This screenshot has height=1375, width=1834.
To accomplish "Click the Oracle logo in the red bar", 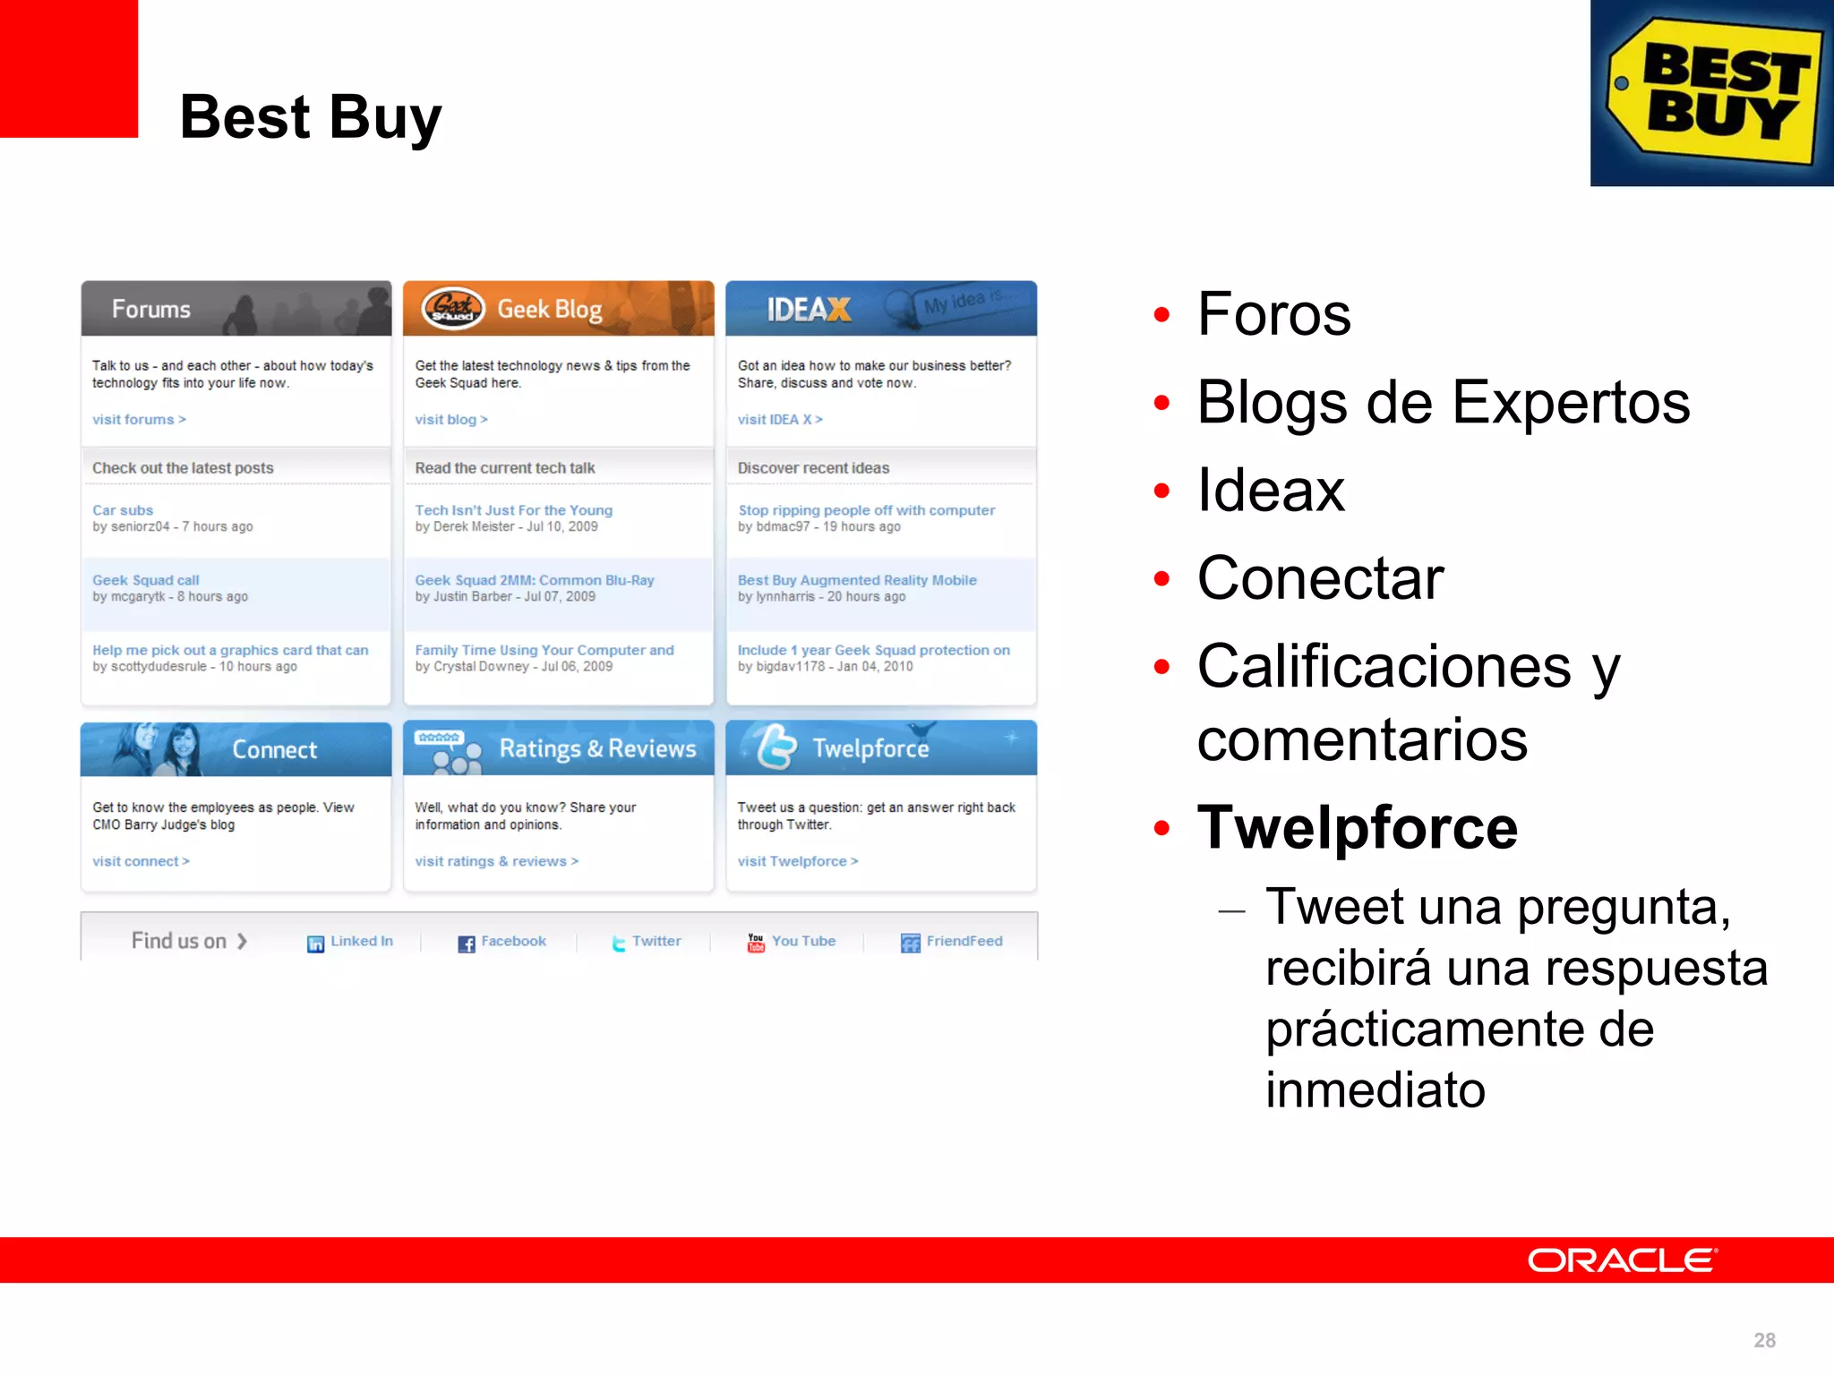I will [1621, 1260].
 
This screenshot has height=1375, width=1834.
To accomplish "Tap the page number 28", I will [1764, 1340].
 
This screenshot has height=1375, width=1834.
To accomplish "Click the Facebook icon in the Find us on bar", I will [467, 944].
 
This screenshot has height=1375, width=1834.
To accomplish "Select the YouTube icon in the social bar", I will [756, 943].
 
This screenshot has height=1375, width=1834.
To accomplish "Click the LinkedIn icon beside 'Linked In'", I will [315, 944].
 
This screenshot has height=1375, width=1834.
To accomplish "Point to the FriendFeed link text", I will [964, 941].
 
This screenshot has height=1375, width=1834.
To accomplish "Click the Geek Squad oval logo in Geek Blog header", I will [453, 309].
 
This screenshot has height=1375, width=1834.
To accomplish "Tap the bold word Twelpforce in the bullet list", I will [1358, 827].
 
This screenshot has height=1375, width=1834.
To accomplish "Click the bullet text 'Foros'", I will [1273, 314].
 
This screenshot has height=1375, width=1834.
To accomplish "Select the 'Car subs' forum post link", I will [123, 510].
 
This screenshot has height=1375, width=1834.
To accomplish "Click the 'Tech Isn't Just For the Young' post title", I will [514, 510].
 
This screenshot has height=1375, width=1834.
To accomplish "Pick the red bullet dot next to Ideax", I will [1162, 491].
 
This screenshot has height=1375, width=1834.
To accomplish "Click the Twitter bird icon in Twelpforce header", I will [776, 747].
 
